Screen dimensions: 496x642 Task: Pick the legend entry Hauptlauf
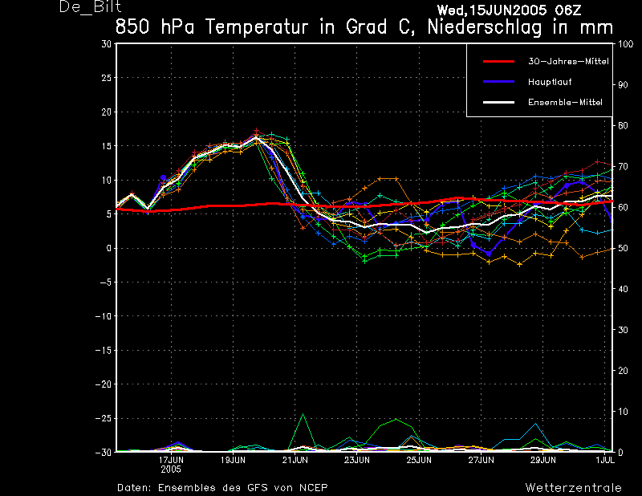click(550, 82)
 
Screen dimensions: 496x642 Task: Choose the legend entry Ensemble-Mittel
click(564, 102)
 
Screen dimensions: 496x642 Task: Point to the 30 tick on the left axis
click(106, 44)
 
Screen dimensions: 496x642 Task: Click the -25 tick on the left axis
click(103, 418)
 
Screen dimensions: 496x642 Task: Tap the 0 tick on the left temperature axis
click(108, 248)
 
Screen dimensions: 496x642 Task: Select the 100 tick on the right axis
click(625, 44)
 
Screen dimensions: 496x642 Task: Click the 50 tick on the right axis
click(623, 248)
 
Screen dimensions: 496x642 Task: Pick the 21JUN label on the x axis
click(295, 461)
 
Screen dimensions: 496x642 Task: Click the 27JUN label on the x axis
click(481, 461)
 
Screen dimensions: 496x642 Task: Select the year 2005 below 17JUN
click(171, 469)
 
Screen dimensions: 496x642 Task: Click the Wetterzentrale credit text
click(573, 487)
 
